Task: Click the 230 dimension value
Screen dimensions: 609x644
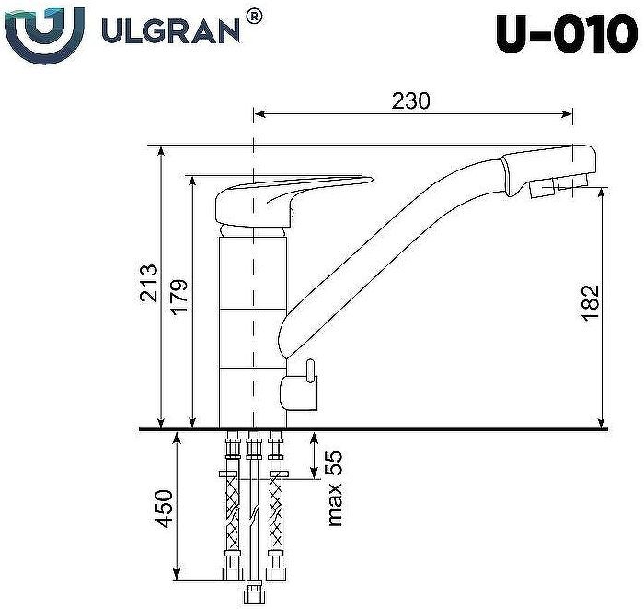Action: pos(410,100)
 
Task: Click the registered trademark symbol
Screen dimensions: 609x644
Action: pos(255,16)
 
